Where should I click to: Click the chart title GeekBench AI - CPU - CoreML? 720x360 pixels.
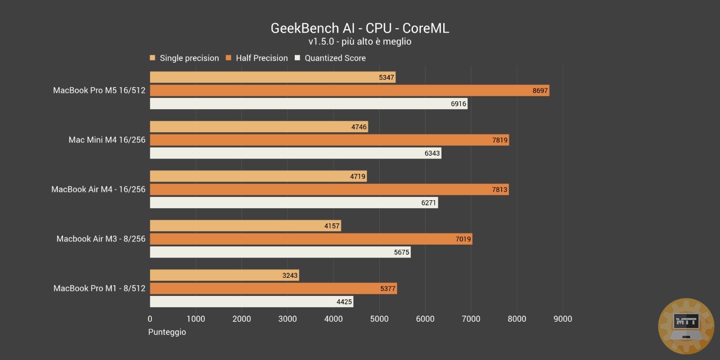[360, 28]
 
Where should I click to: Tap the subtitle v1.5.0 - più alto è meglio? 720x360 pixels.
[360, 42]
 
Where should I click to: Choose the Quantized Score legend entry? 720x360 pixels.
[335, 58]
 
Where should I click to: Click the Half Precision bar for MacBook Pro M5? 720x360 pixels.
[349, 91]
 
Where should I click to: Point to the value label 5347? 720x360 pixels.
[387, 78]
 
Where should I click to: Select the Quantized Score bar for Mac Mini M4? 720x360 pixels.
[295, 153]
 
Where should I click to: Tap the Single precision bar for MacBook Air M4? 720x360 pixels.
[258, 176]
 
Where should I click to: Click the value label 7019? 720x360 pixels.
[462, 239]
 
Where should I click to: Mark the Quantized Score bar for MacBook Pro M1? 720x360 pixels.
[251, 302]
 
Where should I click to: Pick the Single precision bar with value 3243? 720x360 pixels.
[224, 275]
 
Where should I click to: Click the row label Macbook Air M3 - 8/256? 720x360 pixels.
[101, 239]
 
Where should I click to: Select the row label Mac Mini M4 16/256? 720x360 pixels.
[107, 140]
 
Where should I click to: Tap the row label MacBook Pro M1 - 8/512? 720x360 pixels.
[100, 289]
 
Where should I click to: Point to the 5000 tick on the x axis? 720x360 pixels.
[379, 319]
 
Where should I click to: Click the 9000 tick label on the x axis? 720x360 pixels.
[562, 319]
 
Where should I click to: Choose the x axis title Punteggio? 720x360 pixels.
[167, 332]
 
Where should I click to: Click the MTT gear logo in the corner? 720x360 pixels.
[686, 326]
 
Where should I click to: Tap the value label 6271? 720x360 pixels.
[429, 203]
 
